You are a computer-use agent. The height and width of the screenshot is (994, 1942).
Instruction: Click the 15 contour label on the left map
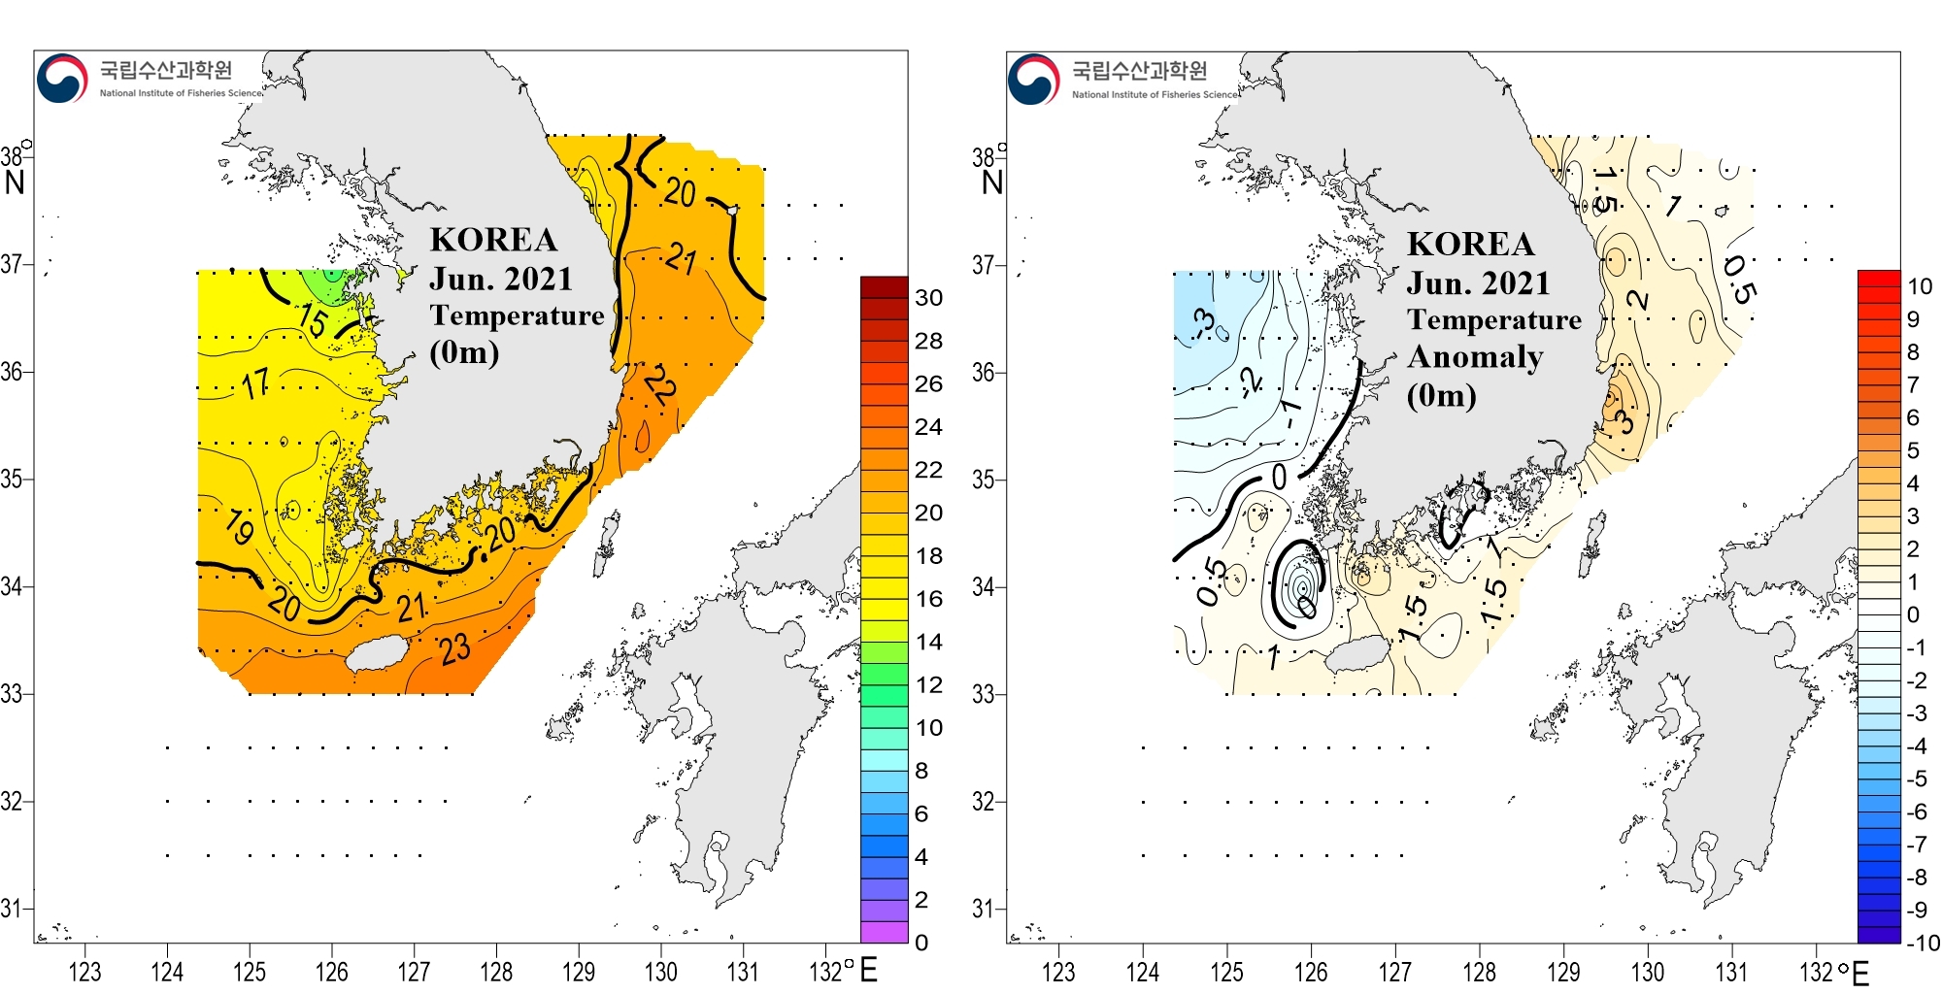(x=313, y=319)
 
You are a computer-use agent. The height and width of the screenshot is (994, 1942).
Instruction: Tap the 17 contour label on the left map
(x=255, y=384)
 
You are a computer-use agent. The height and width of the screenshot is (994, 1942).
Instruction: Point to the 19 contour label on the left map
(x=239, y=527)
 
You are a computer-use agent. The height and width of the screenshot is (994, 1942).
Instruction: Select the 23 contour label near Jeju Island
(x=454, y=649)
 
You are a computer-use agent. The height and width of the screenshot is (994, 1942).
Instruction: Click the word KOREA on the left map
(x=493, y=240)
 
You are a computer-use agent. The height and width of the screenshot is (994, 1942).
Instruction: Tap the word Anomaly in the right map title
(x=1475, y=357)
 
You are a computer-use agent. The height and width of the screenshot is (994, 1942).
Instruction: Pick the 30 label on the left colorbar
(x=928, y=298)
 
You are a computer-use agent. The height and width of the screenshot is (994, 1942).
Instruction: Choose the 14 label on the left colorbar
(x=928, y=642)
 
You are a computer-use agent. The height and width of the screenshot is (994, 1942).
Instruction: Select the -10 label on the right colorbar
(x=1922, y=943)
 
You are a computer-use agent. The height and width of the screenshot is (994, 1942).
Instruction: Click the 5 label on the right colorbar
(x=1913, y=450)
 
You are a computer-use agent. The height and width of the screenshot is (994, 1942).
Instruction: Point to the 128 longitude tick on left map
(x=496, y=971)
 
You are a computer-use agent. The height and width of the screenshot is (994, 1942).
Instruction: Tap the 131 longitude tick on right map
(x=1731, y=972)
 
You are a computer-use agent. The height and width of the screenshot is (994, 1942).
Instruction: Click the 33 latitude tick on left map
(x=12, y=694)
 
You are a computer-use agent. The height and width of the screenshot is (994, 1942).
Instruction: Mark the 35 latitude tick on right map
(x=984, y=480)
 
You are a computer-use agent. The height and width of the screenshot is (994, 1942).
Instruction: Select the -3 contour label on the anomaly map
(x=1204, y=322)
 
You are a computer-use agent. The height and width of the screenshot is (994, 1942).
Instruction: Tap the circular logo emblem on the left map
(x=62, y=79)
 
